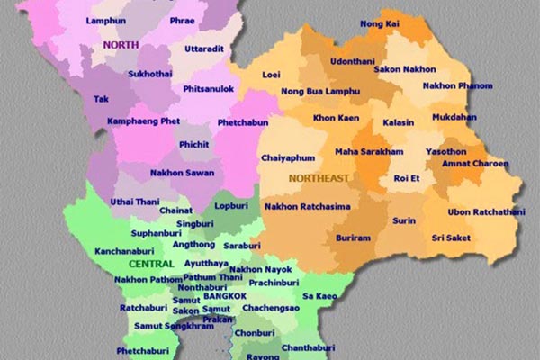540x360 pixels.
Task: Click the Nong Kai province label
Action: pos(380,23)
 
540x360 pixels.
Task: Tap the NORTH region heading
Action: pos(120,44)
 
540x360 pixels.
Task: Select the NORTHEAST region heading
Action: pos(319,178)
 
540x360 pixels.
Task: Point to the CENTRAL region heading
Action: pos(150,265)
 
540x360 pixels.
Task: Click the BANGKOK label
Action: pos(225,296)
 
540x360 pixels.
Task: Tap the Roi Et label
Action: pos(409,178)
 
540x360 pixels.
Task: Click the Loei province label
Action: pos(271,76)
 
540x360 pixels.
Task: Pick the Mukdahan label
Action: pos(480,117)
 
